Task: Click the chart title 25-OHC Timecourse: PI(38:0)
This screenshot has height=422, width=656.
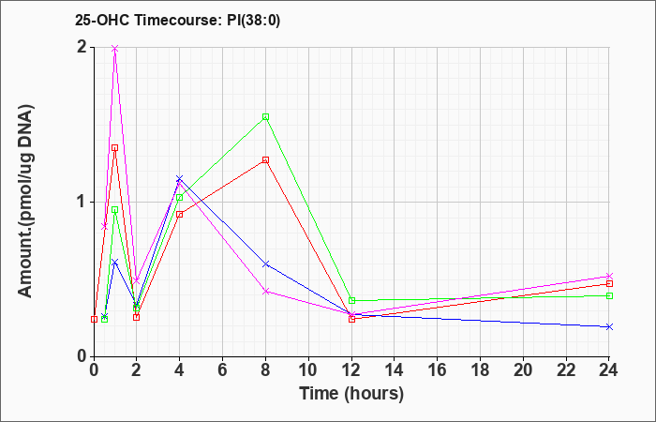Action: click(x=177, y=20)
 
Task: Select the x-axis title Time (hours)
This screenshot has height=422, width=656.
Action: click(x=351, y=394)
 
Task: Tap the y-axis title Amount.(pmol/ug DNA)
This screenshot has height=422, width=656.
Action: click(x=25, y=202)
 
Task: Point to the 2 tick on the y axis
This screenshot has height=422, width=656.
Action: click(x=82, y=47)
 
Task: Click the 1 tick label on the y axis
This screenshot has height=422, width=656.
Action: click(x=82, y=203)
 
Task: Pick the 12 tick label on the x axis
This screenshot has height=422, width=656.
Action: click(x=351, y=370)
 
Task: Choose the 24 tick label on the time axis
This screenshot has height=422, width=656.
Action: click(x=609, y=370)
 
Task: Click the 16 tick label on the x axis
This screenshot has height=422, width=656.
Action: click(x=438, y=370)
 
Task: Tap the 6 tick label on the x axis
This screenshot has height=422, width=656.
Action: click(x=223, y=370)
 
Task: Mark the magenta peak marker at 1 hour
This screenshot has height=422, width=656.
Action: click(x=115, y=49)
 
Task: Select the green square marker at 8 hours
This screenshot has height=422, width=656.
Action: click(x=265, y=117)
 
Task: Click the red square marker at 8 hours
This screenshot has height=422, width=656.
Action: click(x=265, y=160)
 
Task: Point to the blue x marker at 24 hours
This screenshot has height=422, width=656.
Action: click(x=609, y=326)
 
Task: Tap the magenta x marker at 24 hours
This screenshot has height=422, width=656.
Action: click(x=609, y=276)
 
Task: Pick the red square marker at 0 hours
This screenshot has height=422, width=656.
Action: click(x=94, y=319)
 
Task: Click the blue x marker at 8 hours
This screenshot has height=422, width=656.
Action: click(x=265, y=264)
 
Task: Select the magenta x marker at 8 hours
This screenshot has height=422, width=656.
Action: click(x=265, y=291)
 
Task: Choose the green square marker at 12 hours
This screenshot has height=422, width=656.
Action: click(x=351, y=301)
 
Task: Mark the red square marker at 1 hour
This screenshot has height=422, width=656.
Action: click(x=115, y=148)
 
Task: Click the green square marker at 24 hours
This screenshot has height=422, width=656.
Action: click(x=609, y=296)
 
